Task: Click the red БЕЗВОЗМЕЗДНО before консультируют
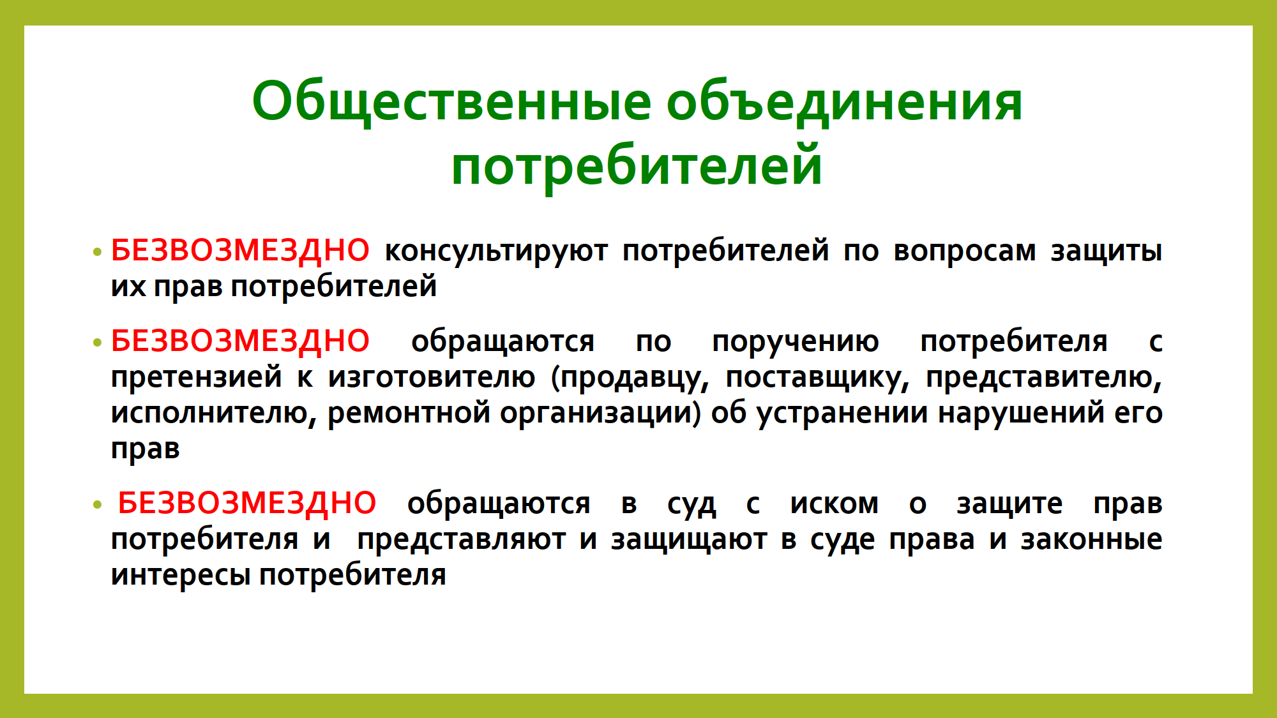coord(240,250)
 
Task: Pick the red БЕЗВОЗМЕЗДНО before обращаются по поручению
coord(240,341)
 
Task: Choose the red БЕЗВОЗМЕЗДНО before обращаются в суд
coord(247,503)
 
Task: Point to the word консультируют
coord(496,251)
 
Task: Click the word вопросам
coord(965,251)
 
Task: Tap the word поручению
coord(796,342)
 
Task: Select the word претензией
coord(197,377)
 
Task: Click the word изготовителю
coord(432,378)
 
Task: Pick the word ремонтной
coord(409,414)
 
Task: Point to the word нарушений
coord(1022,413)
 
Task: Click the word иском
coord(835,504)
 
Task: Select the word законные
coord(1092,540)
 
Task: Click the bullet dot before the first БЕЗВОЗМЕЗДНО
coord(97,251)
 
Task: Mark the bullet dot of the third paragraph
coord(97,505)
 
